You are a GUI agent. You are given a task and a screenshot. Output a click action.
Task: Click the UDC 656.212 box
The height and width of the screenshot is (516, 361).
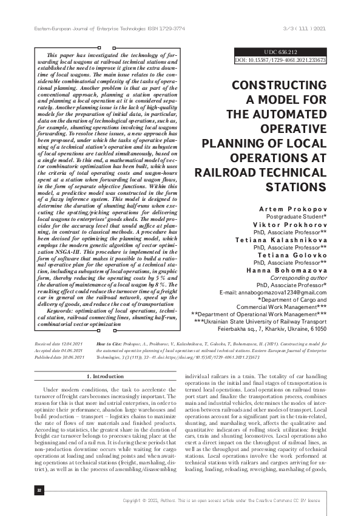(x=280, y=52)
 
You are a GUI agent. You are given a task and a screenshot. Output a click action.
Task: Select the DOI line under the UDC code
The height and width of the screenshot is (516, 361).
(x=280, y=61)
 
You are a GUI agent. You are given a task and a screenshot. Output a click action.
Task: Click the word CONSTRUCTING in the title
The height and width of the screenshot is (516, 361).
(x=280, y=86)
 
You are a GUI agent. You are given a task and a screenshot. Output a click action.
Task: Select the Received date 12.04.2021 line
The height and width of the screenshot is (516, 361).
(x=58, y=344)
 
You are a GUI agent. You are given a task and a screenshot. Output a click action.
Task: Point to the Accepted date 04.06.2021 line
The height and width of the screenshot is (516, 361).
(x=58, y=350)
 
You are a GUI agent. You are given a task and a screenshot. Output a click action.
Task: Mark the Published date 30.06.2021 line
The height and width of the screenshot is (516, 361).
(x=59, y=358)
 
